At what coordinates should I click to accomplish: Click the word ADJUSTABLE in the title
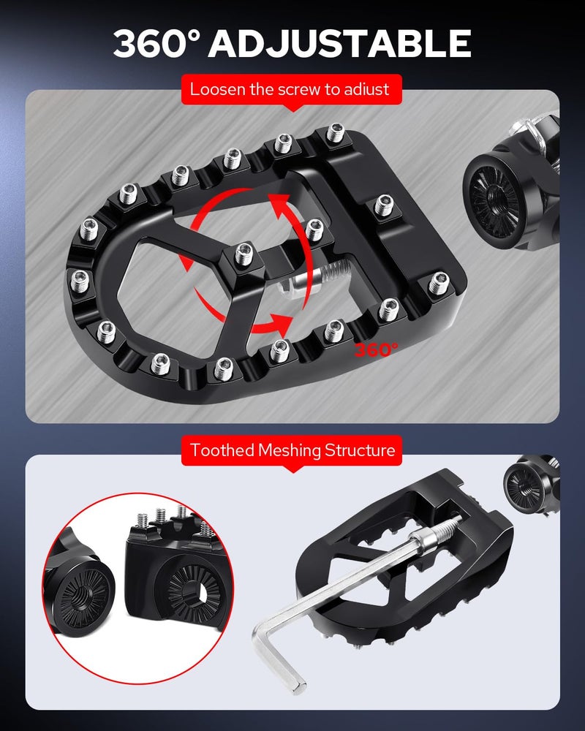pos(339,43)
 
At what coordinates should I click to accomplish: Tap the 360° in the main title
pos(157,43)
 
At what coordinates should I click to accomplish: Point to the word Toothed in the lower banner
pos(222,450)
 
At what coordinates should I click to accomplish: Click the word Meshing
pos(290,451)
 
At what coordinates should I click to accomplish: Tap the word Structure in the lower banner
pos(360,450)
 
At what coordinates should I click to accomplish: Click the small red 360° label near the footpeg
pos(377,349)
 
